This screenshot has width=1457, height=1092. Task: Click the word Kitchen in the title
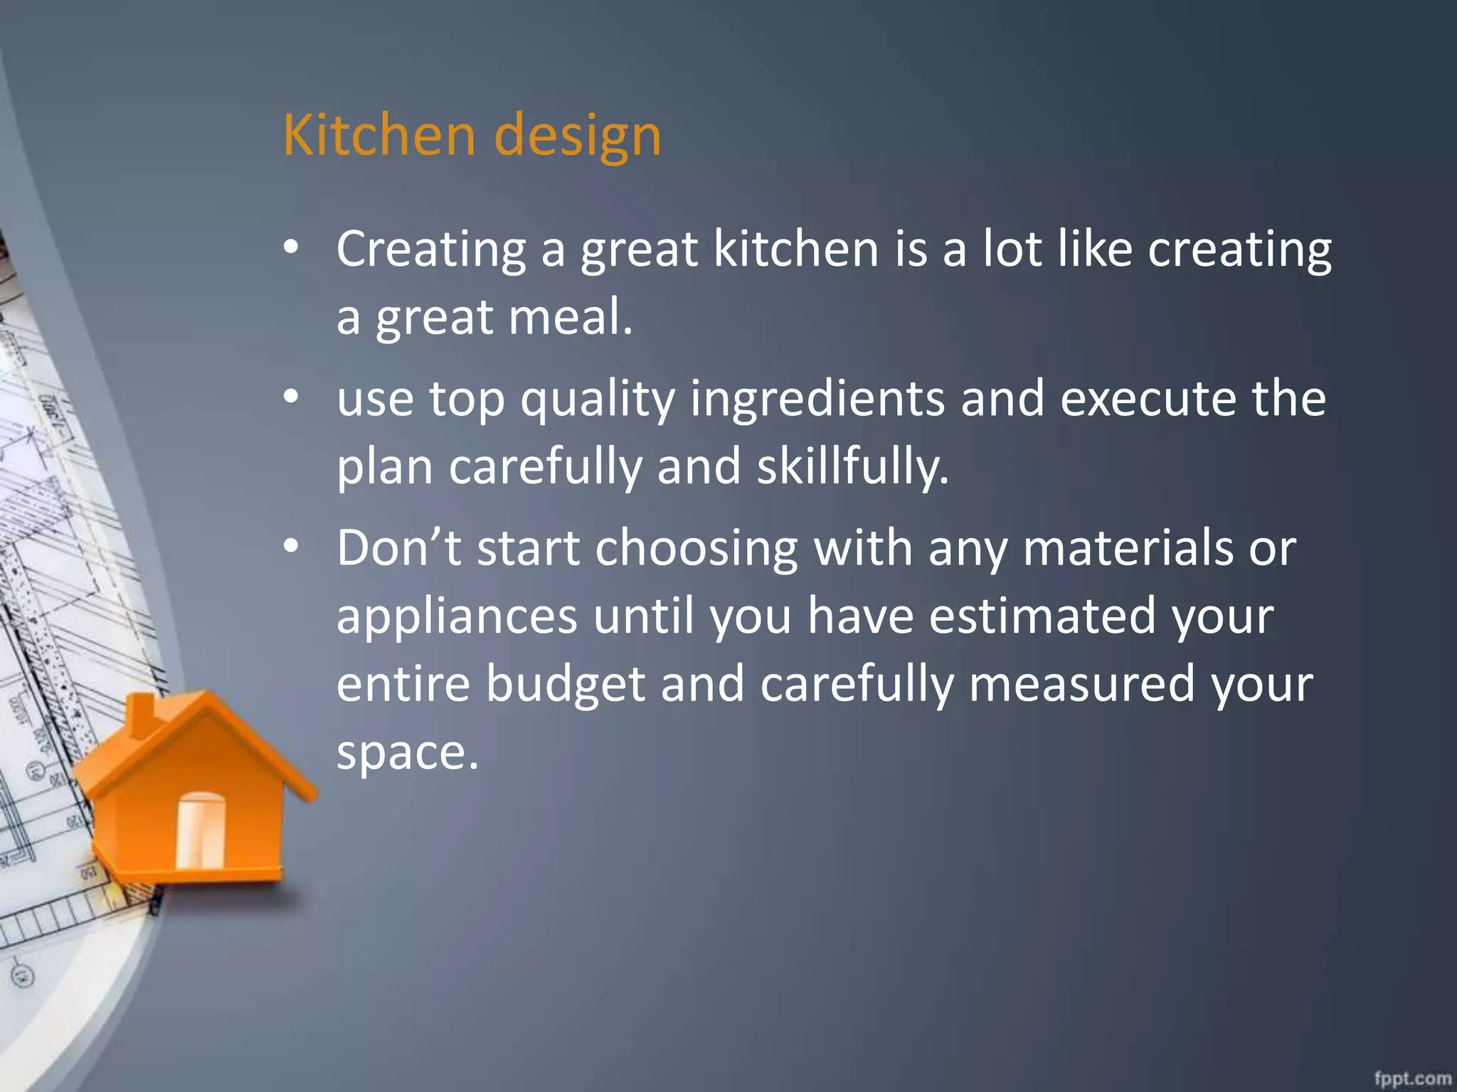tap(378, 134)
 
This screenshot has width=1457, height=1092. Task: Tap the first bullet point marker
tap(291, 248)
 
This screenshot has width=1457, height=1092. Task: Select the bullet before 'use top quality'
tap(291, 397)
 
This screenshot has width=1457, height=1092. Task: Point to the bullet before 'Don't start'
tap(291, 547)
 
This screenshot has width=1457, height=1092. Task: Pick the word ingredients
tap(817, 400)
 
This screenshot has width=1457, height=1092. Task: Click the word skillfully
tap(852, 467)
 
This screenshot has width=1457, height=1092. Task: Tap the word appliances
tap(457, 616)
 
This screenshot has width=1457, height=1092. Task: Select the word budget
tap(566, 684)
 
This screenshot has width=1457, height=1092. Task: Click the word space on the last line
tap(407, 752)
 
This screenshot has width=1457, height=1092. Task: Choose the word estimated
tap(1042, 616)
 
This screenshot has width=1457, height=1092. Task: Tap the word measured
tap(1081, 684)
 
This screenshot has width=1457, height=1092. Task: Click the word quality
tap(598, 400)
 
